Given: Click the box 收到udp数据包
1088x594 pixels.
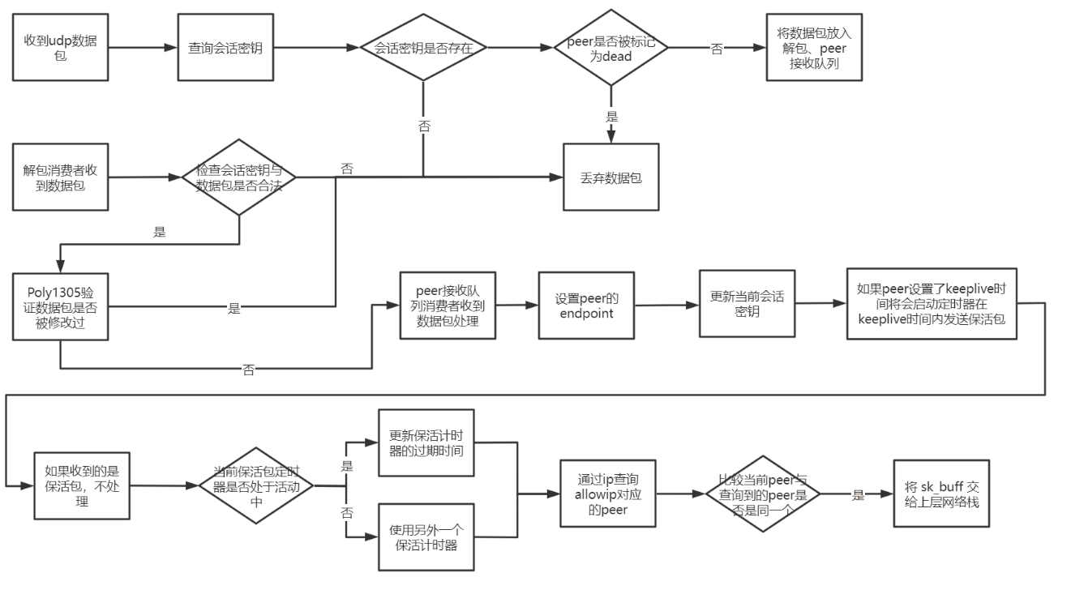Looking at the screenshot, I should pos(61,47).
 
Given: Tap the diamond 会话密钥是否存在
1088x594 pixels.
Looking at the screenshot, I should pos(423,48).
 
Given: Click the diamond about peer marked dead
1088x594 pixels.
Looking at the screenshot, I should pos(610,48).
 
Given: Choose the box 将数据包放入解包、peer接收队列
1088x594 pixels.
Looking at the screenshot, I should pos(814,47).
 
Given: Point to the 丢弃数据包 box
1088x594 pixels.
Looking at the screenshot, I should pos(611,177).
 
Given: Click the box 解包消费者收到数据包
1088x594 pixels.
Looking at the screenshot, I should pos(61,177).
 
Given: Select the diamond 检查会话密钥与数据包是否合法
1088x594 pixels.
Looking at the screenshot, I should pos(239,177).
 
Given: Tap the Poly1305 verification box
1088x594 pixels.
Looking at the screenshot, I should pos(61,306).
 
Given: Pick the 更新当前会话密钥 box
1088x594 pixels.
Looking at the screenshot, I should pos(747,303).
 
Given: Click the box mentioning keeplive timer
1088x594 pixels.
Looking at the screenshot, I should pos(931,304).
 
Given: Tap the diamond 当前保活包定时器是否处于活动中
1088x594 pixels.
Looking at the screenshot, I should pos(256,485).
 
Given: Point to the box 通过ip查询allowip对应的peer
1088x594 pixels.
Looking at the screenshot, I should pos(608,494).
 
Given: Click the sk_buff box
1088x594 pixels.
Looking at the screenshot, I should pos(941,494).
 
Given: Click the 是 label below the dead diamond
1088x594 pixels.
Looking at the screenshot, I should pos(611,117).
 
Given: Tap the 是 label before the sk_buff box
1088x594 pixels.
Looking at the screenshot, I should pos(858,494).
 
